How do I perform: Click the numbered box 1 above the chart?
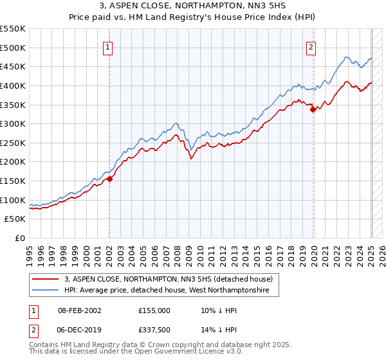point(108,46)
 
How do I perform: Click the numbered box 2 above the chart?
point(311,46)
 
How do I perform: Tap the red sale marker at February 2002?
point(109,179)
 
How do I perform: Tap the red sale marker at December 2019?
point(313,109)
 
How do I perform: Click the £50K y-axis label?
point(15,219)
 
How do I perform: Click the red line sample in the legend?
point(46,279)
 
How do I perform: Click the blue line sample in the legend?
point(46,291)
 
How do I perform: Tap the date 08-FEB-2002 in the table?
point(80,310)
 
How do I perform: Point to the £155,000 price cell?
point(154,310)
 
